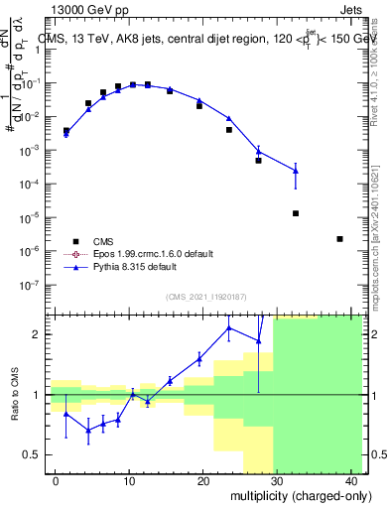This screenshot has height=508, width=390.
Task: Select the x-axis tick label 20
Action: click(x=202, y=481)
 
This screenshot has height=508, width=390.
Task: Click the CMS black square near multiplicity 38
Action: click(x=340, y=239)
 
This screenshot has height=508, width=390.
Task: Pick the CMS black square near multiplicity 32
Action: click(x=296, y=213)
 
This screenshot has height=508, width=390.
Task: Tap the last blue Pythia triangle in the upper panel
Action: click(x=296, y=171)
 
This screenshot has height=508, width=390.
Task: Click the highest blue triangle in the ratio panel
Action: click(x=229, y=327)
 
